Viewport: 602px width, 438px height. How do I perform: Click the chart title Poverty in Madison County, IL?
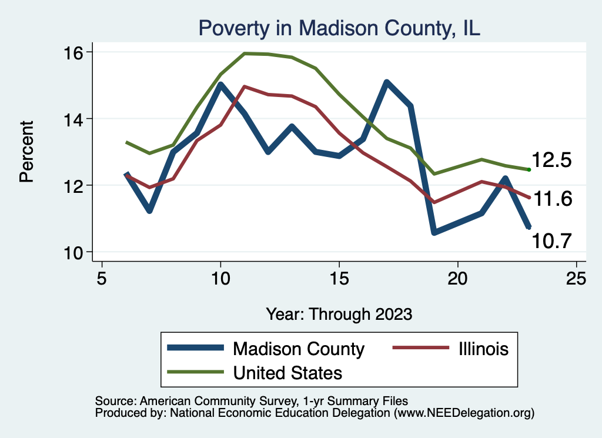(x=339, y=28)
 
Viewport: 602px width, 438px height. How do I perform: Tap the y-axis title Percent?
(x=27, y=152)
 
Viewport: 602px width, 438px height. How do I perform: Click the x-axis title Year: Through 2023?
(x=339, y=313)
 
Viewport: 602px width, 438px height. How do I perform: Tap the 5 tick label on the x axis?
(x=102, y=278)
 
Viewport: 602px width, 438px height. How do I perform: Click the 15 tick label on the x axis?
(x=339, y=278)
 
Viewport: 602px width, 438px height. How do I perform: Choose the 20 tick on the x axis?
(x=457, y=278)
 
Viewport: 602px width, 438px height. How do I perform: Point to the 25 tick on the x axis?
(x=576, y=278)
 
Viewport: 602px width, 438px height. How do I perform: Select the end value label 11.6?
(x=551, y=199)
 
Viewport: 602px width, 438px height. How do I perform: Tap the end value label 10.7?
(x=551, y=240)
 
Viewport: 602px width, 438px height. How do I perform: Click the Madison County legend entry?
(x=299, y=349)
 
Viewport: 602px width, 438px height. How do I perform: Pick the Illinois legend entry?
(x=480, y=349)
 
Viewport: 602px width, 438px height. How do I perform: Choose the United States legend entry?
(x=287, y=372)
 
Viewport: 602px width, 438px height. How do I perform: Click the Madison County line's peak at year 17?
(x=386, y=82)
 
